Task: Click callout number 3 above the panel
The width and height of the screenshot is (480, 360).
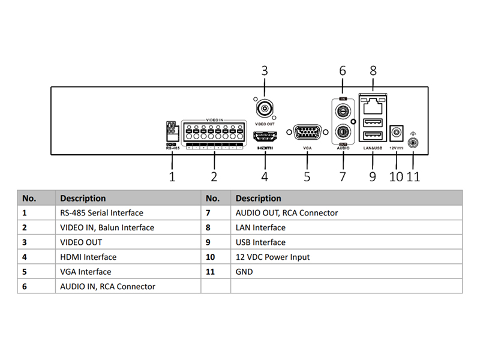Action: [265, 71]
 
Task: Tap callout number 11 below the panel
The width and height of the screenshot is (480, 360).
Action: [414, 176]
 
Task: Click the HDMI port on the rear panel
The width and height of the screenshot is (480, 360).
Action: [265, 135]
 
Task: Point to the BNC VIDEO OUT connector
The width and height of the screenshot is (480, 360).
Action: [265, 108]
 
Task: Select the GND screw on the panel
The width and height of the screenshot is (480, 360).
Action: [413, 142]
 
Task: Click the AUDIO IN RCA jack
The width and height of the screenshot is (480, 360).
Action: [343, 110]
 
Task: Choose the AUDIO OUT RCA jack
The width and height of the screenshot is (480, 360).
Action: [343, 131]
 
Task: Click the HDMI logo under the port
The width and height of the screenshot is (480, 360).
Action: [265, 148]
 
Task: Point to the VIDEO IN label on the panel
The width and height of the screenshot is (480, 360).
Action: [214, 120]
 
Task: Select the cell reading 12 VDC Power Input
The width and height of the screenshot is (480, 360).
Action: [273, 257]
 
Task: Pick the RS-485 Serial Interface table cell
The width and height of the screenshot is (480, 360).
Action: [101, 212]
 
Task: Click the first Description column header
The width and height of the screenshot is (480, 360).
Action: [83, 198]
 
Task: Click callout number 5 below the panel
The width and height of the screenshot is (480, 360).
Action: [307, 176]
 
